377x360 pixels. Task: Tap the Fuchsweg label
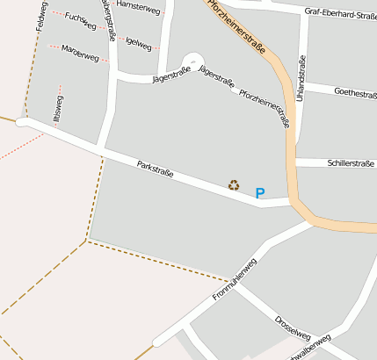click(x=80, y=21)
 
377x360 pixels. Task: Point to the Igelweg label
click(x=137, y=42)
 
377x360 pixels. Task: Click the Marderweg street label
click(x=81, y=54)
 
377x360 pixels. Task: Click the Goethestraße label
click(x=356, y=95)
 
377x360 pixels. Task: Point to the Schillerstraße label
click(x=351, y=163)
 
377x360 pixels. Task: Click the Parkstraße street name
click(x=155, y=169)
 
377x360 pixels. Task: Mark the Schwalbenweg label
click(x=305, y=349)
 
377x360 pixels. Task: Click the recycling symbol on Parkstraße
click(x=234, y=185)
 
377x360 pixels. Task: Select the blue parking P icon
click(x=259, y=193)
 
